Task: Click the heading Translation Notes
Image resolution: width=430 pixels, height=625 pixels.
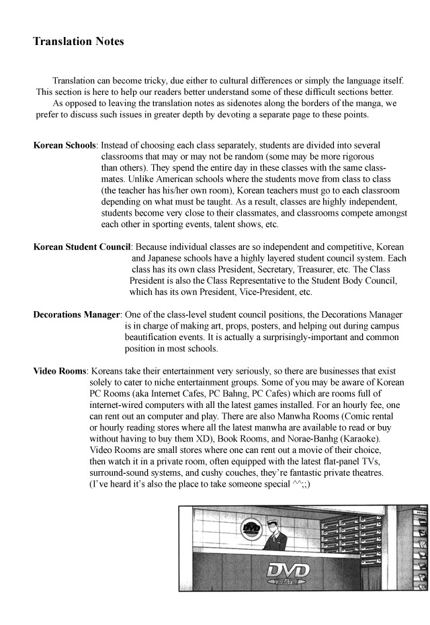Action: pyautogui.click(x=79, y=42)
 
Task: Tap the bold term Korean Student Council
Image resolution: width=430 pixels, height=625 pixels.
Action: pyautogui.click(x=82, y=247)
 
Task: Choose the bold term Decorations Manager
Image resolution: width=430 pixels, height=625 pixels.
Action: pyautogui.click(x=77, y=315)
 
